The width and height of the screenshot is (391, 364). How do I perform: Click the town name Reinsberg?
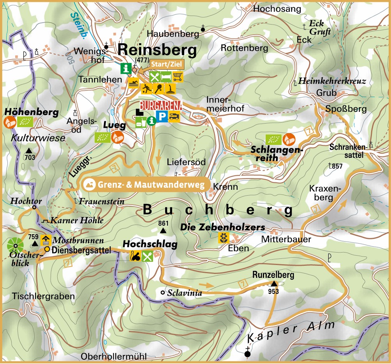(157, 50)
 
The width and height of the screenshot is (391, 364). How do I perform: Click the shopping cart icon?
(178, 77)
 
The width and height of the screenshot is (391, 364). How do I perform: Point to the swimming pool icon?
(134, 83)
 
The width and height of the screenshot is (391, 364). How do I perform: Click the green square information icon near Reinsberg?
(126, 69)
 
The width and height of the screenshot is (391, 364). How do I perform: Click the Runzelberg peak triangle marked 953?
(274, 283)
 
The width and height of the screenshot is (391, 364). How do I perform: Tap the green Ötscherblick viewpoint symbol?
(15, 245)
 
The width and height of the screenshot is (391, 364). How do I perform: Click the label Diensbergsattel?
(81, 250)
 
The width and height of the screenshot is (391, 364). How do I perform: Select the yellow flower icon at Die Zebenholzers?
(223, 238)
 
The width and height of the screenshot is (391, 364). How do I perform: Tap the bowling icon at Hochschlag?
(135, 256)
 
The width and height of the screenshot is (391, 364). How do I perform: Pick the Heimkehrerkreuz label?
(333, 82)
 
